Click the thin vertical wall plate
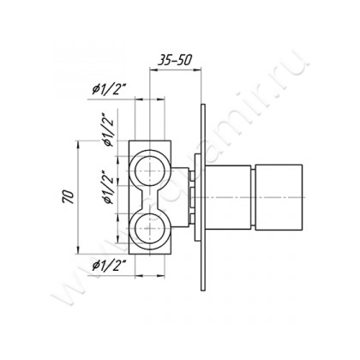click(x=201, y=198)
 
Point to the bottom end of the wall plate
click(x=201, y=291)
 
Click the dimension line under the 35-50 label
click(x=177, y=71)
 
